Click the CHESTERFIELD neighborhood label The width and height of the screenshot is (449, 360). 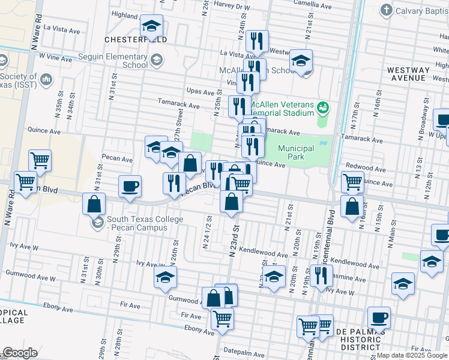coord(135,39)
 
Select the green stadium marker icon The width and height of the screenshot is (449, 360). coord(324,107)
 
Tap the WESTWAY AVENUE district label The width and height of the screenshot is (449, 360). coord(408,74)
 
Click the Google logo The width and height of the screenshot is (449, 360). coord(20,353)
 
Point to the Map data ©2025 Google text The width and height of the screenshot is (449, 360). coord(412,355)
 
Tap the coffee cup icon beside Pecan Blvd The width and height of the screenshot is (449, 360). coord(130,185)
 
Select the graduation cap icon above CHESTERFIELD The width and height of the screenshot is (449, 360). coord(152,26)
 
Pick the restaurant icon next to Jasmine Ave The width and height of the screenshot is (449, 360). coord(321,275)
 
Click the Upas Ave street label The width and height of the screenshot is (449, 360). coord(200,92)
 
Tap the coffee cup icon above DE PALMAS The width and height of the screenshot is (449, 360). coord(379,317)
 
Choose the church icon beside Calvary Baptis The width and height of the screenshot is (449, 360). coord(387,10)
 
